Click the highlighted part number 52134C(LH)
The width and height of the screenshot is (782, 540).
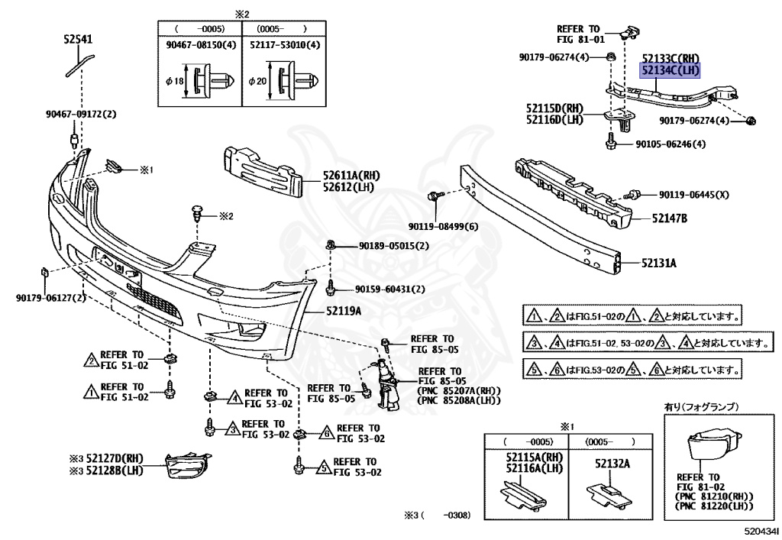tap(670, 70)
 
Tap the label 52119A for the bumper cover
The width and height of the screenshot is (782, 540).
tap(344, 311)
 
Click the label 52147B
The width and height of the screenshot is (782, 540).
tap(669, 218)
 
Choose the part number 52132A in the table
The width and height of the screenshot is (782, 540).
tap(603, 464)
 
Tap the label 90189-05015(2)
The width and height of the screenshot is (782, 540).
tap(393, 246)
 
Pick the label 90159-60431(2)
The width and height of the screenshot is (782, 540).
tap(389, 289)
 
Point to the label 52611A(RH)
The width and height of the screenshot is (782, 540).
tap(351, 176)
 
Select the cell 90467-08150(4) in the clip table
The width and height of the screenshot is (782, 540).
tap(199, 45)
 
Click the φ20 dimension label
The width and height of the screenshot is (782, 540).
tap(257, 80)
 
